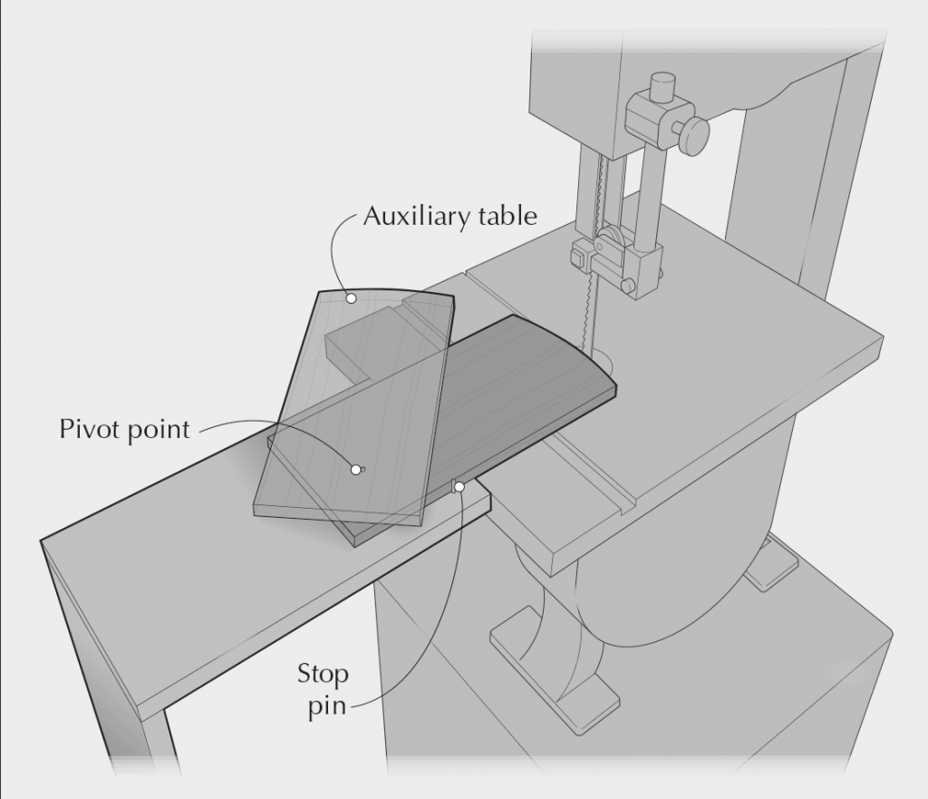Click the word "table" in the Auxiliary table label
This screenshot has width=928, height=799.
point(507,217)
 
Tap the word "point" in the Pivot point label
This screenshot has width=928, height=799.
point(160,429)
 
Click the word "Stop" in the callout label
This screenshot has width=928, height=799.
point(323,675)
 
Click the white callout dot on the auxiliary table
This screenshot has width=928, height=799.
point(352,297)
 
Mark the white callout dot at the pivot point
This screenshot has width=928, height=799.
point(355,469)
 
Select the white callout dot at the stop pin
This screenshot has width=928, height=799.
point(459,487)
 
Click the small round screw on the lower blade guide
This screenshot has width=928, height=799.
point(628,287)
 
